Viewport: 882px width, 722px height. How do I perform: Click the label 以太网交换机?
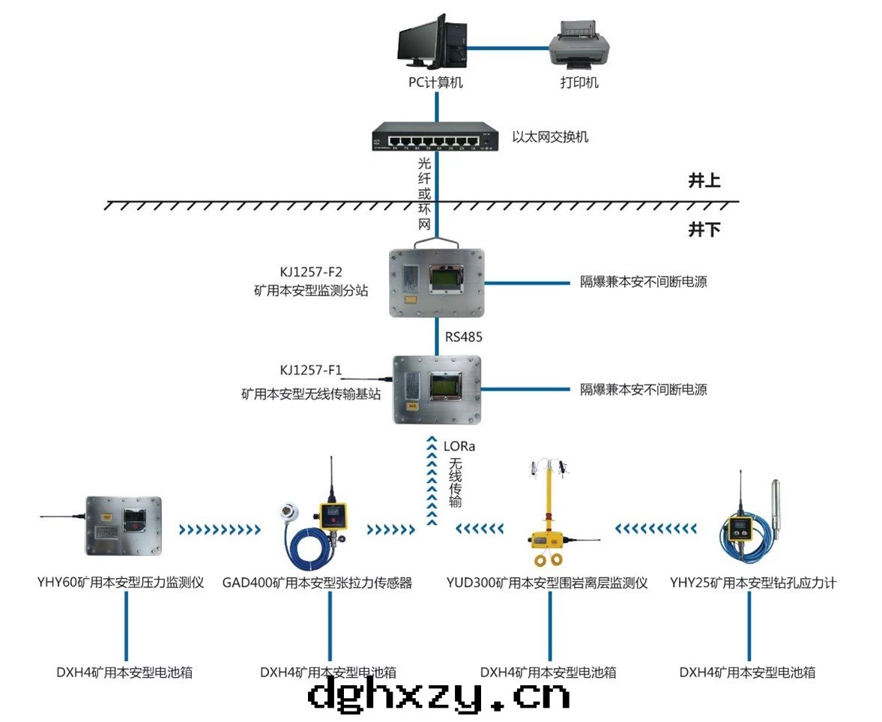tap(550, 137)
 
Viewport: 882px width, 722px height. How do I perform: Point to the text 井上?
tap(704, 181)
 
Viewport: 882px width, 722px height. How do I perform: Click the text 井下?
tap(704, 229)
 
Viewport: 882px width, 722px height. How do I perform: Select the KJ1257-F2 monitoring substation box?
tap(437, 283)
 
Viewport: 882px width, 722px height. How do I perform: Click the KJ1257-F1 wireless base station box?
tap(438, 389)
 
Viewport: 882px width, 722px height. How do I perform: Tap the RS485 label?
tap(464, 337)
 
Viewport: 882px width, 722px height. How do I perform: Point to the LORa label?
tap(459, 446)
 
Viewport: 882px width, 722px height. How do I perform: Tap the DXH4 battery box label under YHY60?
tap(124, 673)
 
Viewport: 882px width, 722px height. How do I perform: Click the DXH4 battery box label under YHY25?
tap(747, 673)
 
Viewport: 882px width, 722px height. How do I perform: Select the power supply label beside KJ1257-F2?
tap(644, 283)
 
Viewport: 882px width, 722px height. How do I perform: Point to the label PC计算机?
tap(435, 82)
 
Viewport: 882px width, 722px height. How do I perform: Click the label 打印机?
tap(579, 82)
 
